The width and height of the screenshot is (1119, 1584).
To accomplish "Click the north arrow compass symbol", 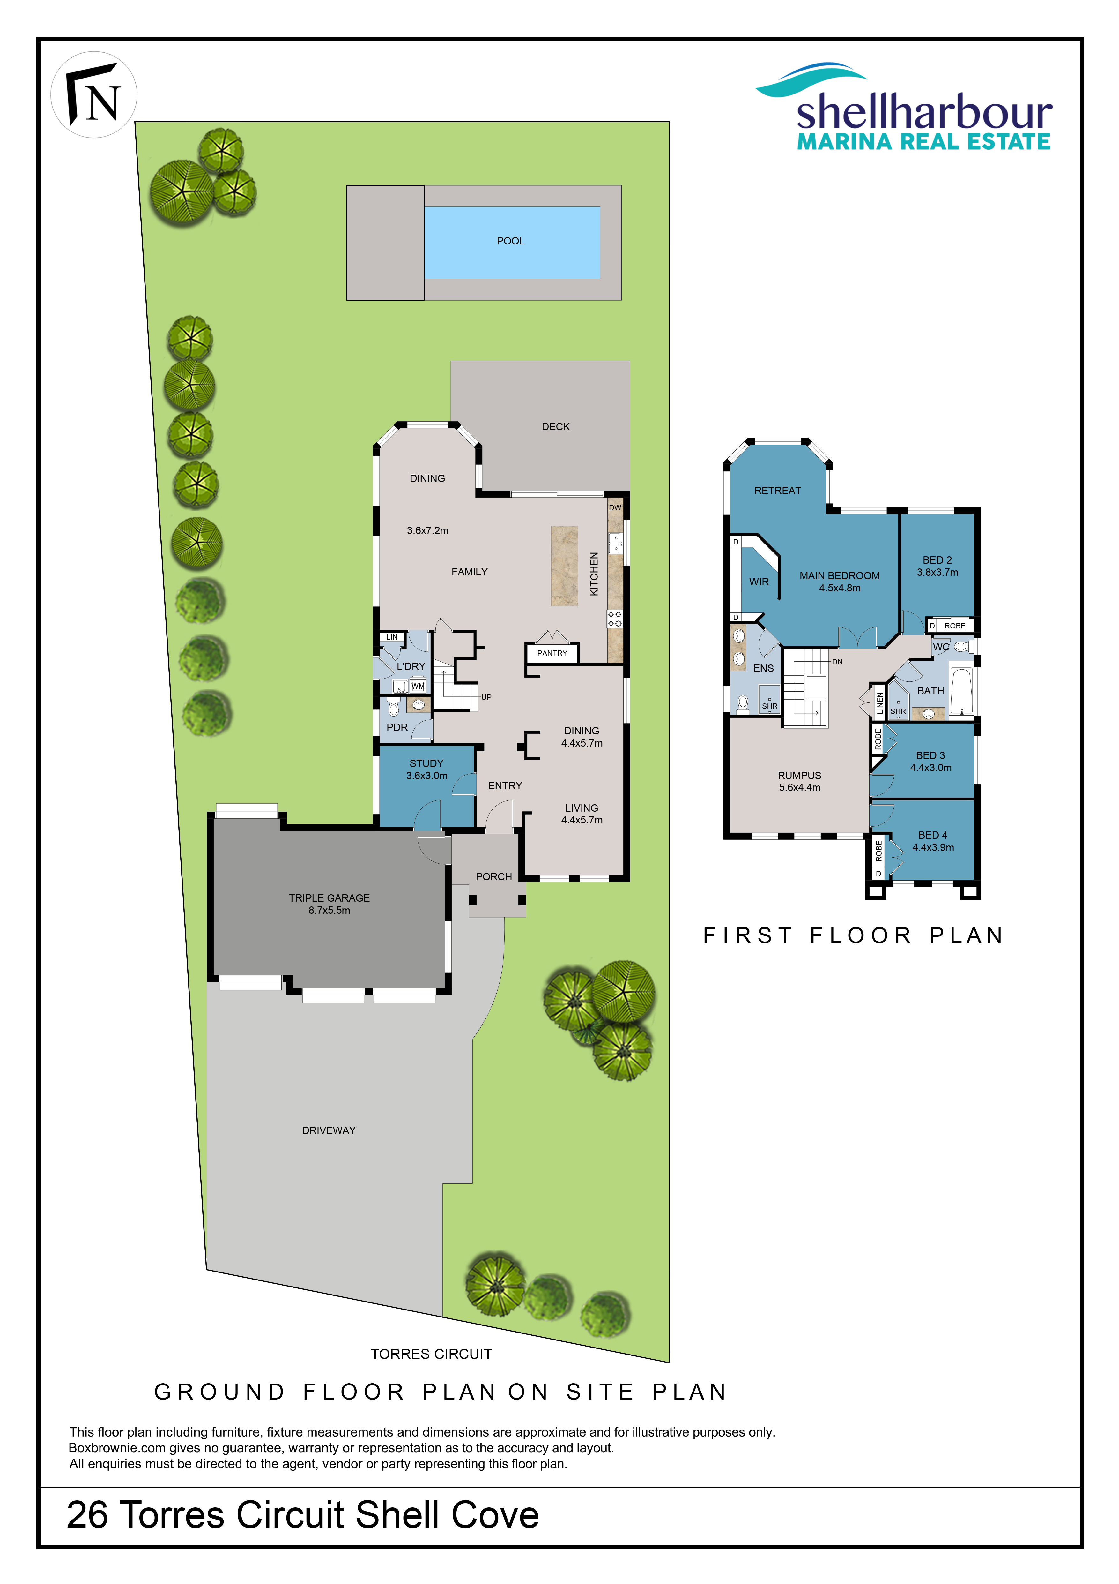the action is pyautogui.click(x=94, y=95).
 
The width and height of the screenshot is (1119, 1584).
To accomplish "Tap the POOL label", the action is pyautogui.click(x=511, y=241).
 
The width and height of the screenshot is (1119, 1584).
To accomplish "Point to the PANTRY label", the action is pyautogui.click(x=552, y=653).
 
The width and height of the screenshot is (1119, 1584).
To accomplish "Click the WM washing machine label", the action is pyautogui.click(x=418, y=687).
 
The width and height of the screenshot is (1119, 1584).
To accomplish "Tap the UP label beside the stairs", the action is pyautogui.click(x=487, y=697).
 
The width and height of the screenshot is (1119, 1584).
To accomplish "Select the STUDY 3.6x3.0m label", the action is pyautogui.click(x=427, y=769).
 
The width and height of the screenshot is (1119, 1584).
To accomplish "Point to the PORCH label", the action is pyautogui.click(x=494, y=877).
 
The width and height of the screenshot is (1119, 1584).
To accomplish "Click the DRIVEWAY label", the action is pyautogui.click(x=329, y=1130).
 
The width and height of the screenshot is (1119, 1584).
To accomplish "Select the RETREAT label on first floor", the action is pyautogui.click(x=778, y=491).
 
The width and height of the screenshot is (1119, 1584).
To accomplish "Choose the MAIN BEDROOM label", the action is pyautogui.click(x=840, y=575).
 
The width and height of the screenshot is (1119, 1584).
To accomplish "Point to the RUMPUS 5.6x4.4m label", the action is pyautogui.click(x=800, y=782).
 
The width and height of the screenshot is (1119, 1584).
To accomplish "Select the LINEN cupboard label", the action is pyautogui.click(x=880, y=703).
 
